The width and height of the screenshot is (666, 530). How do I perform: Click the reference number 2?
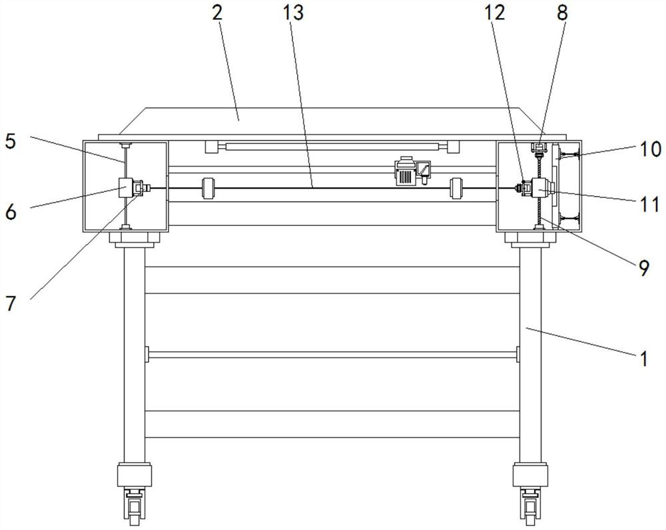217,13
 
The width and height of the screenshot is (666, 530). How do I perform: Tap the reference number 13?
293,13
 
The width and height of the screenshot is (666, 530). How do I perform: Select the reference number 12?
495,13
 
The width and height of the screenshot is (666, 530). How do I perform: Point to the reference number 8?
562,13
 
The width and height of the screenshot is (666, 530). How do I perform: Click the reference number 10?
650,149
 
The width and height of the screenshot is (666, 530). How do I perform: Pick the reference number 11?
650,205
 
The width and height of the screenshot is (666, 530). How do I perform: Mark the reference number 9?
643,268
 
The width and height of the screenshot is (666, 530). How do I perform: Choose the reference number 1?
644,359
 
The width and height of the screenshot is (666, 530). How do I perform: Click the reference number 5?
10,141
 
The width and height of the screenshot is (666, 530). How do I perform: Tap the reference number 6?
10,211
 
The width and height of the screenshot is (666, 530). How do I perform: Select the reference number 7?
10,303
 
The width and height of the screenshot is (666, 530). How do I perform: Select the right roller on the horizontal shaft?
456,188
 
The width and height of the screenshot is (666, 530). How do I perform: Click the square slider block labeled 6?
126,187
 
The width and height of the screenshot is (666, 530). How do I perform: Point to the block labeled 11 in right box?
539,187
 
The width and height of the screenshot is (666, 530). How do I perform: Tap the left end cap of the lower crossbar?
147,354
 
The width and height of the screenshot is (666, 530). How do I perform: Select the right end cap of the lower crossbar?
518,354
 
